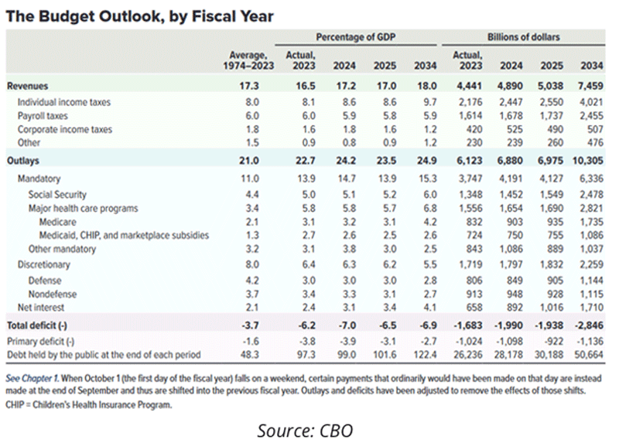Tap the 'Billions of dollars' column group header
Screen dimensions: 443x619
(524, 37)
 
